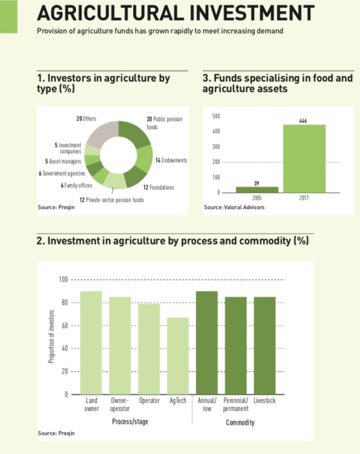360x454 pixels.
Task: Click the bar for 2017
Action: [304, 158]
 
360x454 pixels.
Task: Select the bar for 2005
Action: [257, 189]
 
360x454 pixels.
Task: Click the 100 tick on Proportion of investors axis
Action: [63, 280]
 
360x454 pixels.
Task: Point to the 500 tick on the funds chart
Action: [216, 116]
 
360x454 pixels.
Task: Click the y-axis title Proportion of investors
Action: [51, 337]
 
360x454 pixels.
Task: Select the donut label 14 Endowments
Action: [171, 160]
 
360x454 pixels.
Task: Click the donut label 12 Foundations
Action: [159, 187]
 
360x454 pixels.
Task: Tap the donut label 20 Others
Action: [86, 118]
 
